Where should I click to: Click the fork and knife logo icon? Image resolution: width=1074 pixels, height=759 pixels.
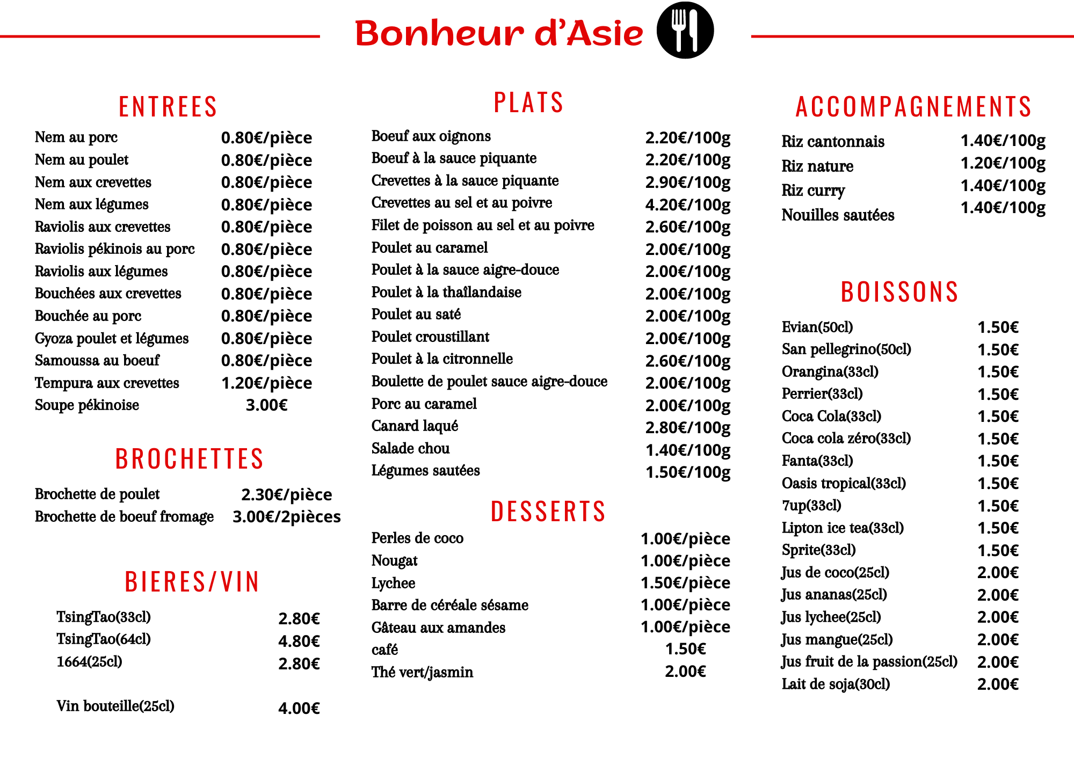point(685,30)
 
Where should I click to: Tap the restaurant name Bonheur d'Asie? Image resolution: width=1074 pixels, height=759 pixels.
point(499,33)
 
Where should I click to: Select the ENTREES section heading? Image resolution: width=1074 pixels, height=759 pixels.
point(168,106)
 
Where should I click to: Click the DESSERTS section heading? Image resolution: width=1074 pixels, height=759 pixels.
point(548,511)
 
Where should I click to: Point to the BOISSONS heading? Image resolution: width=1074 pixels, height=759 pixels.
point(899,292)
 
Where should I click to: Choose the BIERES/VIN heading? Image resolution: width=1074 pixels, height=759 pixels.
point(192,582)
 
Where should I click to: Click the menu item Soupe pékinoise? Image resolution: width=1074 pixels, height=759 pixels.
point(87,405)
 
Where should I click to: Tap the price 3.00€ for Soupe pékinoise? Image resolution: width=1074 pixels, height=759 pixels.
point(266,405)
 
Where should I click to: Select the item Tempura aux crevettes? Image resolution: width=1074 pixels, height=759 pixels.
point(107,383)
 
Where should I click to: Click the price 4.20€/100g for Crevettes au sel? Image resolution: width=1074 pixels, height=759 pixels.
point(687,205)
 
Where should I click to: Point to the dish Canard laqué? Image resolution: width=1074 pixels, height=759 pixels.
point(415,426)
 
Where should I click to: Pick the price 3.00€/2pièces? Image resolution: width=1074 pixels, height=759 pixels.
point(286,516)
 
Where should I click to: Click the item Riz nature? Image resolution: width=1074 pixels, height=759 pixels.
point(817,166)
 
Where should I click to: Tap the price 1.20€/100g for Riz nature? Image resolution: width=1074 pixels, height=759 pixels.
point(1003,163)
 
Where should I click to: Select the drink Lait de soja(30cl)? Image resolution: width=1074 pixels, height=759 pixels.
point(836,684)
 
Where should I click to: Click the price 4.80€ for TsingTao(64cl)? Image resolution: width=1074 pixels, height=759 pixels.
point(299,641)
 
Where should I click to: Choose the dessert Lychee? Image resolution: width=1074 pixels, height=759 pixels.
point(393,583)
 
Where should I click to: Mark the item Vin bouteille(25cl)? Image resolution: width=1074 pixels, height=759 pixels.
point(115,706)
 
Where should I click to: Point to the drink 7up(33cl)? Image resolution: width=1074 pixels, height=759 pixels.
point(811,506)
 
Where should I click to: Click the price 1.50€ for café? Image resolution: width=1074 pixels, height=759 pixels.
point(685,649)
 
